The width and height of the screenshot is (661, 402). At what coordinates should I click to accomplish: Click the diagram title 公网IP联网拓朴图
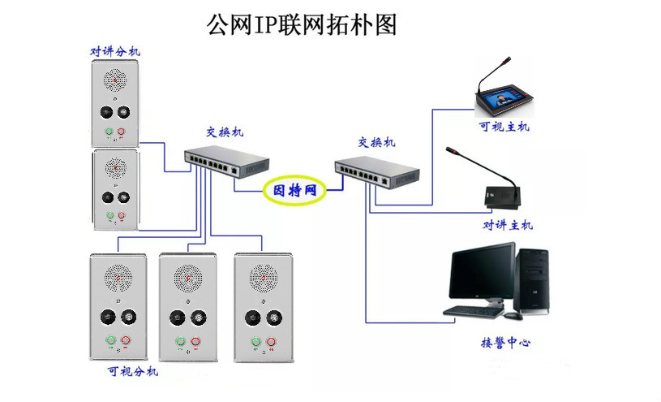coord(301,24)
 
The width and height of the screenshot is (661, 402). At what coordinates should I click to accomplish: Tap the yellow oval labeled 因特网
coord(294,191)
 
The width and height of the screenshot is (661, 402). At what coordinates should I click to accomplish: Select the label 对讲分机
coord(114,52)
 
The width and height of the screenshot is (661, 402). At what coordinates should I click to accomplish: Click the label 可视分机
coord(133,371)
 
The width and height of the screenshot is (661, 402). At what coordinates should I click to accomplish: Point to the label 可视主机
coord(503,127)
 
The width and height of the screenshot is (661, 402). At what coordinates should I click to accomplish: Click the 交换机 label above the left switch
coord(224,132)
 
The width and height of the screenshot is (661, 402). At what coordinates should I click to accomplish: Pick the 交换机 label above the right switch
coord(376,142)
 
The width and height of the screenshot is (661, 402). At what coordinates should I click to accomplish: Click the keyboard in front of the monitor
coord(473,311)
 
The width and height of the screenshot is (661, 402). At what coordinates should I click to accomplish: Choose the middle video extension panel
coord(190,307)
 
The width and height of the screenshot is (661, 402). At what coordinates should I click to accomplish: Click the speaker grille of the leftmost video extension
coord(119,280)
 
